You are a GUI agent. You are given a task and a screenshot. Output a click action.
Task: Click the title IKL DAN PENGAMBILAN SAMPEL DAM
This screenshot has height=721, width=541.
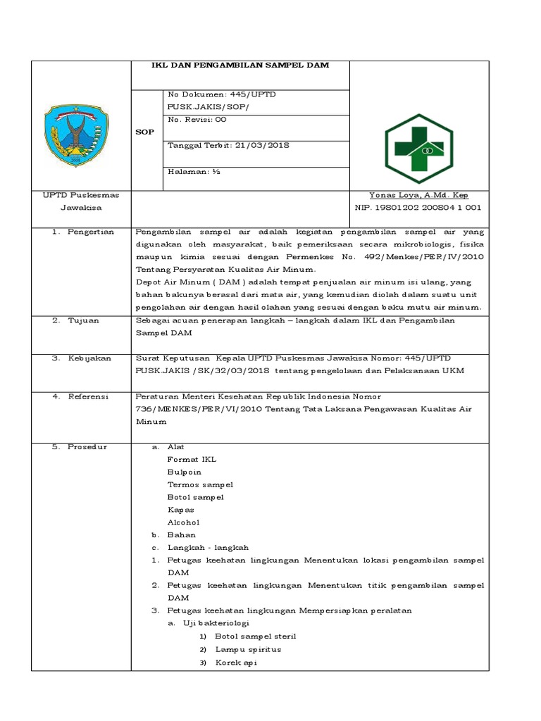point(241,65)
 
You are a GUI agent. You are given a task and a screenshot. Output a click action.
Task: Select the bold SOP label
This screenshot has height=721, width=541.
point(144,132)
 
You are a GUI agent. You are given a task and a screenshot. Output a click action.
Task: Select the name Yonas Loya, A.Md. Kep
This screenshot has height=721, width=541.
point(418,196)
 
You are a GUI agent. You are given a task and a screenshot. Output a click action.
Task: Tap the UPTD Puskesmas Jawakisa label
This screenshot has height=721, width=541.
point(80,201)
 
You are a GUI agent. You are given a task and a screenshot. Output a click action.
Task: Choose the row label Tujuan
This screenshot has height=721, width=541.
point(83,320)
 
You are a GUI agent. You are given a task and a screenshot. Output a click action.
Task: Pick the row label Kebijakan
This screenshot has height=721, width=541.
point(89,358)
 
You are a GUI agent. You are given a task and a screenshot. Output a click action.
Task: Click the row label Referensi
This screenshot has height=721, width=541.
point(88,396)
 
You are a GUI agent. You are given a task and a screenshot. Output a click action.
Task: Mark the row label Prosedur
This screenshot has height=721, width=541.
point(87,447)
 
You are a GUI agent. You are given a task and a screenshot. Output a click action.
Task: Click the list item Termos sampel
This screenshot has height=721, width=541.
point(200,484)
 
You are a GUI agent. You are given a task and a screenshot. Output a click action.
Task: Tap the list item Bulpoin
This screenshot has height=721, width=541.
point(185,472)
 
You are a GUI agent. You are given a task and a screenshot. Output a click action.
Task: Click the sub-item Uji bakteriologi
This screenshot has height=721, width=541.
point(216,623)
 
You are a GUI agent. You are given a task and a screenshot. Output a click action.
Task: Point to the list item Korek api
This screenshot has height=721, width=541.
point(236,663)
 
